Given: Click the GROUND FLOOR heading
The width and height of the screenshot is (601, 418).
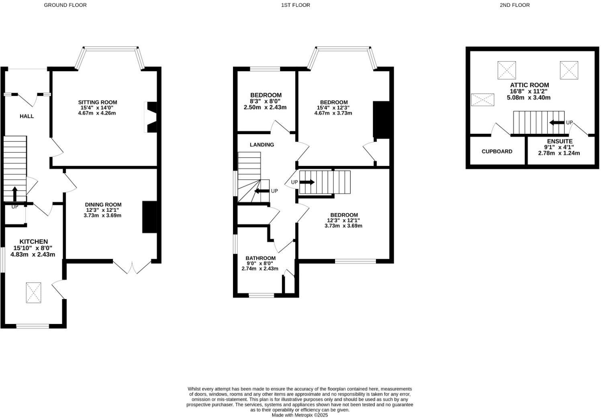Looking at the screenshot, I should point(65,5).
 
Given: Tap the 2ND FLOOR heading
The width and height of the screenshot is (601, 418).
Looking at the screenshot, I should point(515,5).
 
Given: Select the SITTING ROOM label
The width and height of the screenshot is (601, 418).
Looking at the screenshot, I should point(98,102).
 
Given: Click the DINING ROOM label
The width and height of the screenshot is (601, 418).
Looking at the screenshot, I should point(103,205).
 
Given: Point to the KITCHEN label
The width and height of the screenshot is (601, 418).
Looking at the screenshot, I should point(34,242).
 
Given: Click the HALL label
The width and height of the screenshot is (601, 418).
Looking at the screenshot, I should point(27,116).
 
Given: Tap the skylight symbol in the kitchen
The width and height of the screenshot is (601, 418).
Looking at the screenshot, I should point(34,293).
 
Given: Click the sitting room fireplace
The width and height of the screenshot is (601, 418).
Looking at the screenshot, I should point(151,117).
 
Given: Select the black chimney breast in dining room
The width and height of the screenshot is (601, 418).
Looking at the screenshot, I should point(149,217).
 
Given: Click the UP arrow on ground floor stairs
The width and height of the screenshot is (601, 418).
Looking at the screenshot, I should point(15,194).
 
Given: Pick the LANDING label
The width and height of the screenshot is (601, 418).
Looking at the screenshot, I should point(262,145).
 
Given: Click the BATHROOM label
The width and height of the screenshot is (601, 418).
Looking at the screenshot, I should point(261,258).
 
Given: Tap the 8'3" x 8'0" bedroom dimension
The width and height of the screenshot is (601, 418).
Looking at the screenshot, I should point(265,102).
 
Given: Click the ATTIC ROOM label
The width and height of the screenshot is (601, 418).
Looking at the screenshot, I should point(529,85).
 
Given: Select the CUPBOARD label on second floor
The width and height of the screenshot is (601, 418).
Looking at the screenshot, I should point(497,152).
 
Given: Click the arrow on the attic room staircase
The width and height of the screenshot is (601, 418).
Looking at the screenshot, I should point(556,122).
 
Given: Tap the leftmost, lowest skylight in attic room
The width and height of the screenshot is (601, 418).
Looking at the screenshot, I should point(482,99).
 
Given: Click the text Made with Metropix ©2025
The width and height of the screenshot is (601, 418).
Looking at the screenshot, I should point(300,415).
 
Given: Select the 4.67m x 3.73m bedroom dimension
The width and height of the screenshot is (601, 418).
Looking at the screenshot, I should point(333,113).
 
